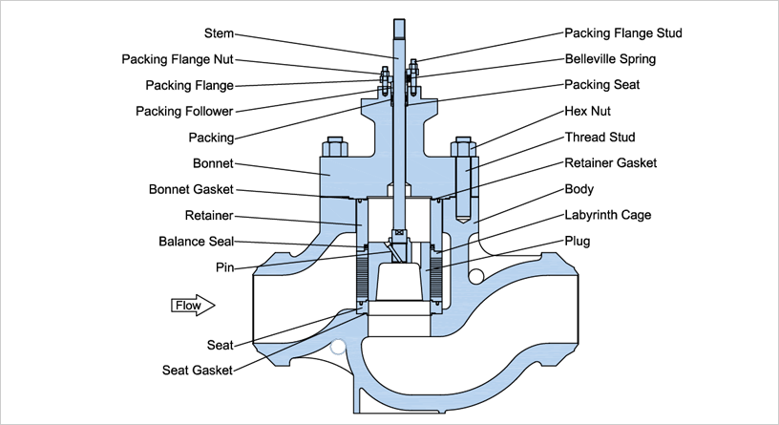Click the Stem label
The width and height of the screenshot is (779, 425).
(220, 32)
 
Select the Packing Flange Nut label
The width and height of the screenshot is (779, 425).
(178, 59)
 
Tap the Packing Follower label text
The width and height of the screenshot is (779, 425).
(185, 111)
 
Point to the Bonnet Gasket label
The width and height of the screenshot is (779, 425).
(192, 189)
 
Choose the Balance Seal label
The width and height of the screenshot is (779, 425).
(196, 242)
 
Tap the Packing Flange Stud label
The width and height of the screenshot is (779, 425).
(623, 32)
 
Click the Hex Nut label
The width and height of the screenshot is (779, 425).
(588, 111)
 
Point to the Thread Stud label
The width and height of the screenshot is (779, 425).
(600, 138)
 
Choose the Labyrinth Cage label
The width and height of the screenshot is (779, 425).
(608, 215)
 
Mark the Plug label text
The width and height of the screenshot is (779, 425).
(578, 242)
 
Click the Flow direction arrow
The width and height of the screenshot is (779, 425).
(193, 306)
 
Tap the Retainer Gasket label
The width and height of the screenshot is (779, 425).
(610, 163)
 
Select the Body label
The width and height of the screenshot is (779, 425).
(579, 189)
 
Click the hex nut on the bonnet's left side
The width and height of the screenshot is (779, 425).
(335, 148)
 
